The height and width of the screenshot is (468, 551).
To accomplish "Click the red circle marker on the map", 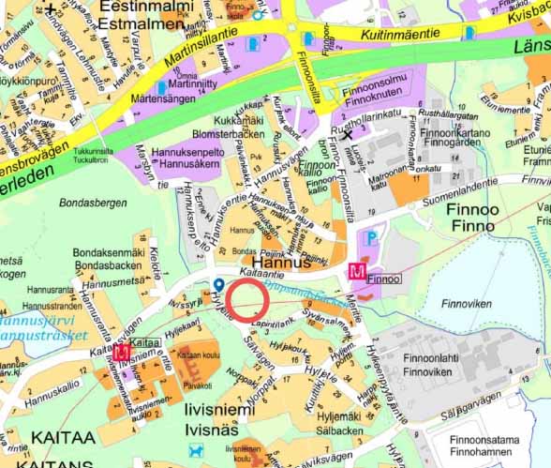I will pos(248,300).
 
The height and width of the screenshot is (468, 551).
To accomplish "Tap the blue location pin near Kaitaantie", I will pos(218,284).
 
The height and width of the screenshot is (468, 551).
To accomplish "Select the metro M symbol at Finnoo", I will pos(356,272).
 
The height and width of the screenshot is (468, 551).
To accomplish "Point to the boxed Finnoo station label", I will pos(384,279).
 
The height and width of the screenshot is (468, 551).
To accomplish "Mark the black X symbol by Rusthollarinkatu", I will pos(349,134).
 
